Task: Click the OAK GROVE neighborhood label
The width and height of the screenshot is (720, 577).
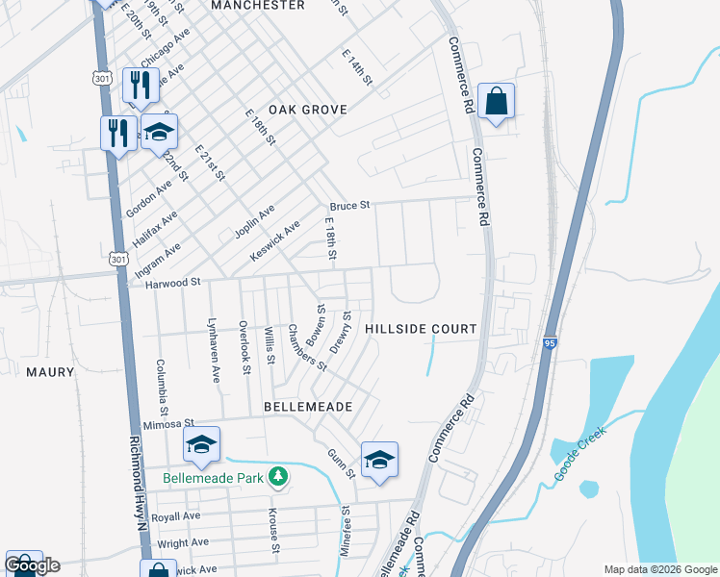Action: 307,111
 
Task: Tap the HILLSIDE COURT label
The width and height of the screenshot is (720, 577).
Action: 421,329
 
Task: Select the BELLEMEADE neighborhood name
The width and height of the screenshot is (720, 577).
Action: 307,408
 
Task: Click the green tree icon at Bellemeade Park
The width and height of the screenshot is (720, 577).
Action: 277,476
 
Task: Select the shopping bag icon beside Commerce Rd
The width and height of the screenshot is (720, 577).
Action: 496,101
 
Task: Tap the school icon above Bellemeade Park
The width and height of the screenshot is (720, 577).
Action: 202,444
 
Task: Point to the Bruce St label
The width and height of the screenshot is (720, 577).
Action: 349,206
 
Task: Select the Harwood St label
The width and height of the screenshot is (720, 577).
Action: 172,283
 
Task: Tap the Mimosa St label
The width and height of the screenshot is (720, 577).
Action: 168,423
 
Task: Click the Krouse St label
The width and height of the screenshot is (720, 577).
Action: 273,532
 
